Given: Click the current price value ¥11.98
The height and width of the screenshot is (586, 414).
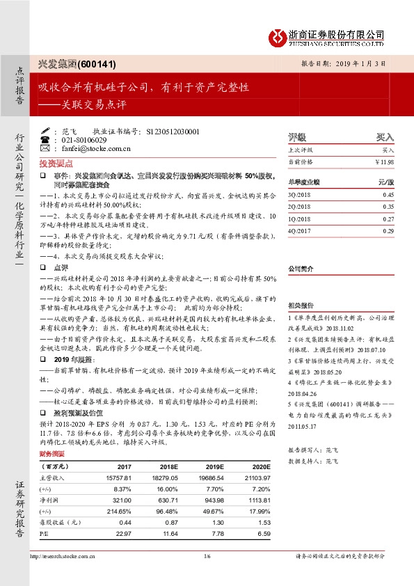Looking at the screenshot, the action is (x=383, y=161).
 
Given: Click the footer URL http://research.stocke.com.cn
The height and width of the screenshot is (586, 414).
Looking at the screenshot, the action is (x=68, y=556).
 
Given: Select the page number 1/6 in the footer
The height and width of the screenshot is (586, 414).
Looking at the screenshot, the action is (x=207, y=556).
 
